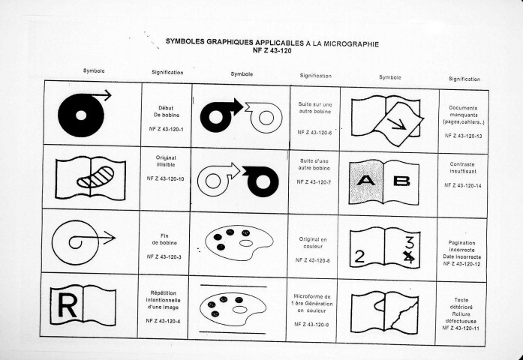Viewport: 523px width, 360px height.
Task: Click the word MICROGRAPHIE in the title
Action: pyautogui.click(x=351, y=44)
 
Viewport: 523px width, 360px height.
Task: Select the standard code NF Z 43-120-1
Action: pyautogui.click(x=166, y=129)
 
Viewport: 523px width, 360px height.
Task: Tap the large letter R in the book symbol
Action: pyautogui.click(x=67, y=305)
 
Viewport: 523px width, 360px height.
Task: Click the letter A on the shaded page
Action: pyautogui.click(x=366, y=180)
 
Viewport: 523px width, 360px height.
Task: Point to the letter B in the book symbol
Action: pyautogui.click(x=401, y=181)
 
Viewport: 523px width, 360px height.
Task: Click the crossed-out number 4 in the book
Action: pyautogui.click(x=409, y=257)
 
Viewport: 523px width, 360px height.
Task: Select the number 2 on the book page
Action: pyautogui.click(x=359, y=256)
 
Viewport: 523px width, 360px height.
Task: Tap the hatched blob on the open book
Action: pyautogui.click(x=96, y=177)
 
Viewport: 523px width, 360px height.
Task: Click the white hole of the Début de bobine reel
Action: pyautogui.click(x=81, y=115)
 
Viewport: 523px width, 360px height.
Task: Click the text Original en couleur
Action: pyautogui.click(x=313, y=243)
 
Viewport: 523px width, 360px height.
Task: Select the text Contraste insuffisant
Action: pyautogui.click(x=463, y=168)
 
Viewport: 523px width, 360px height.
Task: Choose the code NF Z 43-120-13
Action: pyautogui.click(x=463, y=136)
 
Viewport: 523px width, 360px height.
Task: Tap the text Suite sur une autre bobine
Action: pyautogui.click(x=315, y=108)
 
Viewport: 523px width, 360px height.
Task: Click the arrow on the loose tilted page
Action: pyautogui.click(x=397, y=124)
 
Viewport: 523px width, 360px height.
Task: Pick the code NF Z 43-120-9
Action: pyautogui.click(x=311, y=324)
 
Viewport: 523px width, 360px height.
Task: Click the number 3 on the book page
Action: pyautogui.click(x=410, y=242)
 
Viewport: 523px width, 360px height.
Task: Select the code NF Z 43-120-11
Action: pyautogui.click(x=461, y=328)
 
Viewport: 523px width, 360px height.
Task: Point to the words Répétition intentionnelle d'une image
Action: pyautogui.click(x=163, y=300)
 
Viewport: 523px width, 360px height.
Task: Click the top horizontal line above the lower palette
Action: pyautogui.click(x=233, y=286)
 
